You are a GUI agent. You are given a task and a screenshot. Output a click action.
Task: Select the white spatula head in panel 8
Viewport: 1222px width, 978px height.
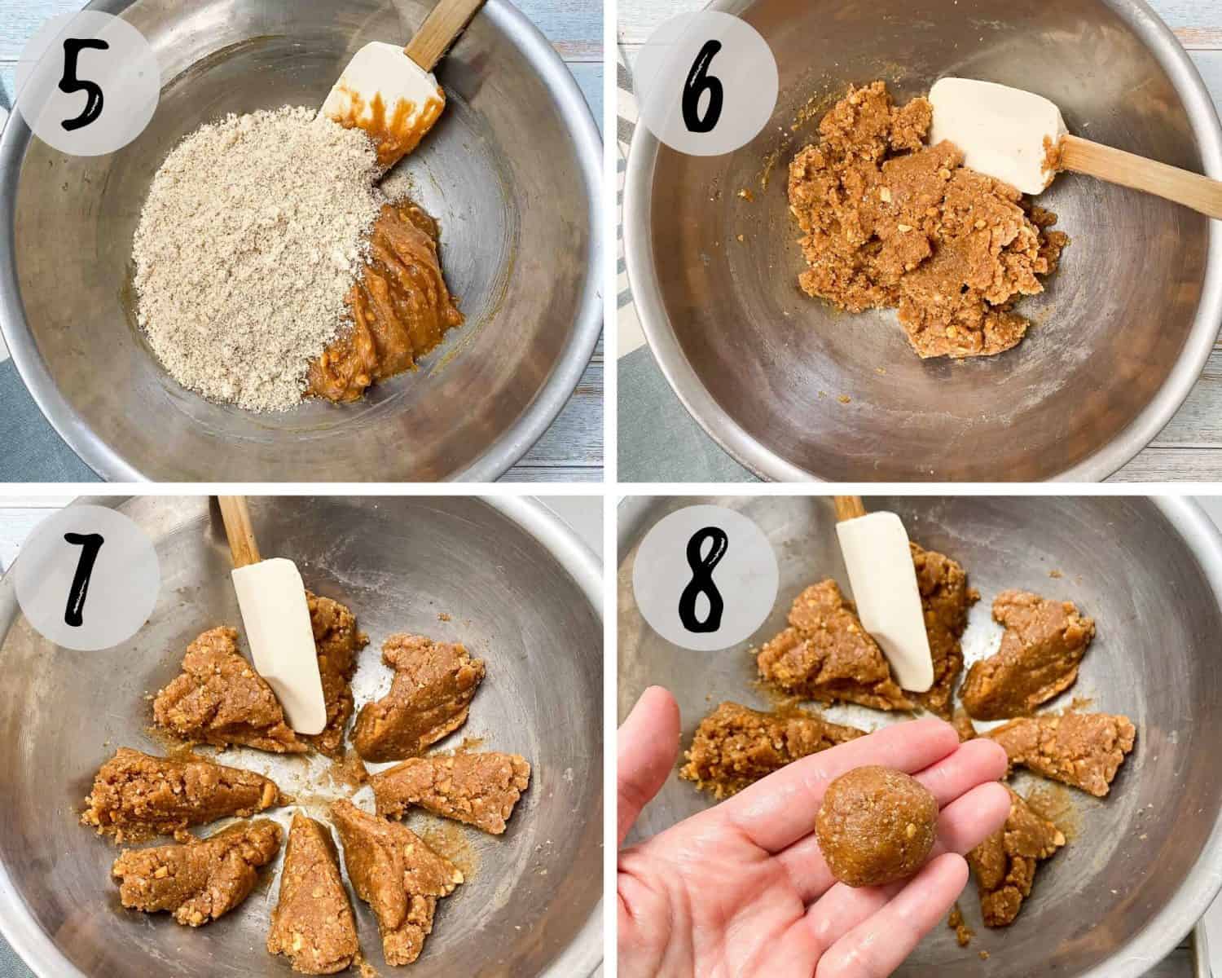(x=888, y=603)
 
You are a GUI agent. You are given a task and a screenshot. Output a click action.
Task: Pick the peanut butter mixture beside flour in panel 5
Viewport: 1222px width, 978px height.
(x=391, y=310)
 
